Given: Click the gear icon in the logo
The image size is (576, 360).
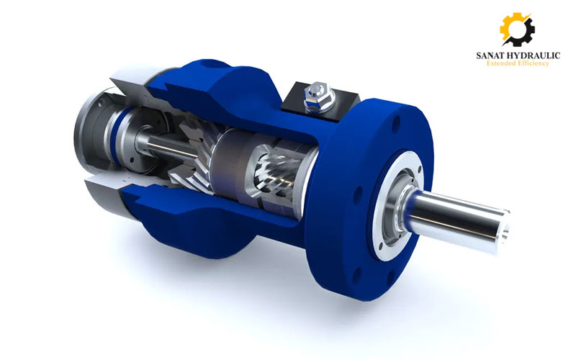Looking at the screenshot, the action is coord(517,29).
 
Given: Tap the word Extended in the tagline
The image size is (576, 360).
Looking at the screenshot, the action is coord(501,63).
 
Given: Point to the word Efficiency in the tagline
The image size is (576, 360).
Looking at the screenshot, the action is coord(534,63).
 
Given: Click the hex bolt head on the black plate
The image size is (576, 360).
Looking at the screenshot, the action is coord(319,96).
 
